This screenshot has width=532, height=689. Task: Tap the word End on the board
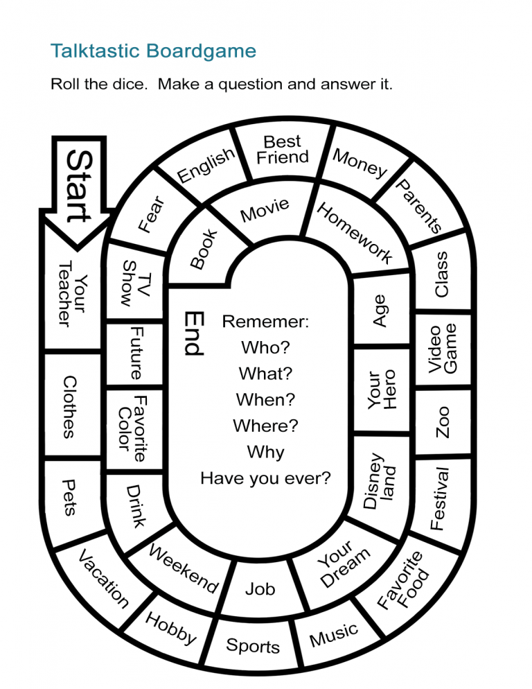(194, 333)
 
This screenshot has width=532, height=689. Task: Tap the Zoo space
(443, 421)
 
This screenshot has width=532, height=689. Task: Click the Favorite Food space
(404, 581)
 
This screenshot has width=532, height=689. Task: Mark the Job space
(260, 589)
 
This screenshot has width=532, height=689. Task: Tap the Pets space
(69, 497)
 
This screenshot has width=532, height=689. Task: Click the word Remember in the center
(265, 322)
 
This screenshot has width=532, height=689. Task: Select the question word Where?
(265, 426)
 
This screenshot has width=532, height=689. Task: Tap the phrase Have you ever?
(265, 478)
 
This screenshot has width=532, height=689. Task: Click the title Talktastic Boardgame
(153, 51)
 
